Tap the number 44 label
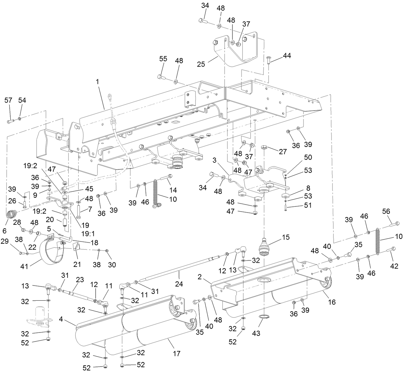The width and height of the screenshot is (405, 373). click(x=287, y=56)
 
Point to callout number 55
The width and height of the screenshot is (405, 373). click(x=164, y=59)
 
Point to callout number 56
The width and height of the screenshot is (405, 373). click(x=386, y=211)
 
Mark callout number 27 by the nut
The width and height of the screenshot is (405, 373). click(x=282, y=152)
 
